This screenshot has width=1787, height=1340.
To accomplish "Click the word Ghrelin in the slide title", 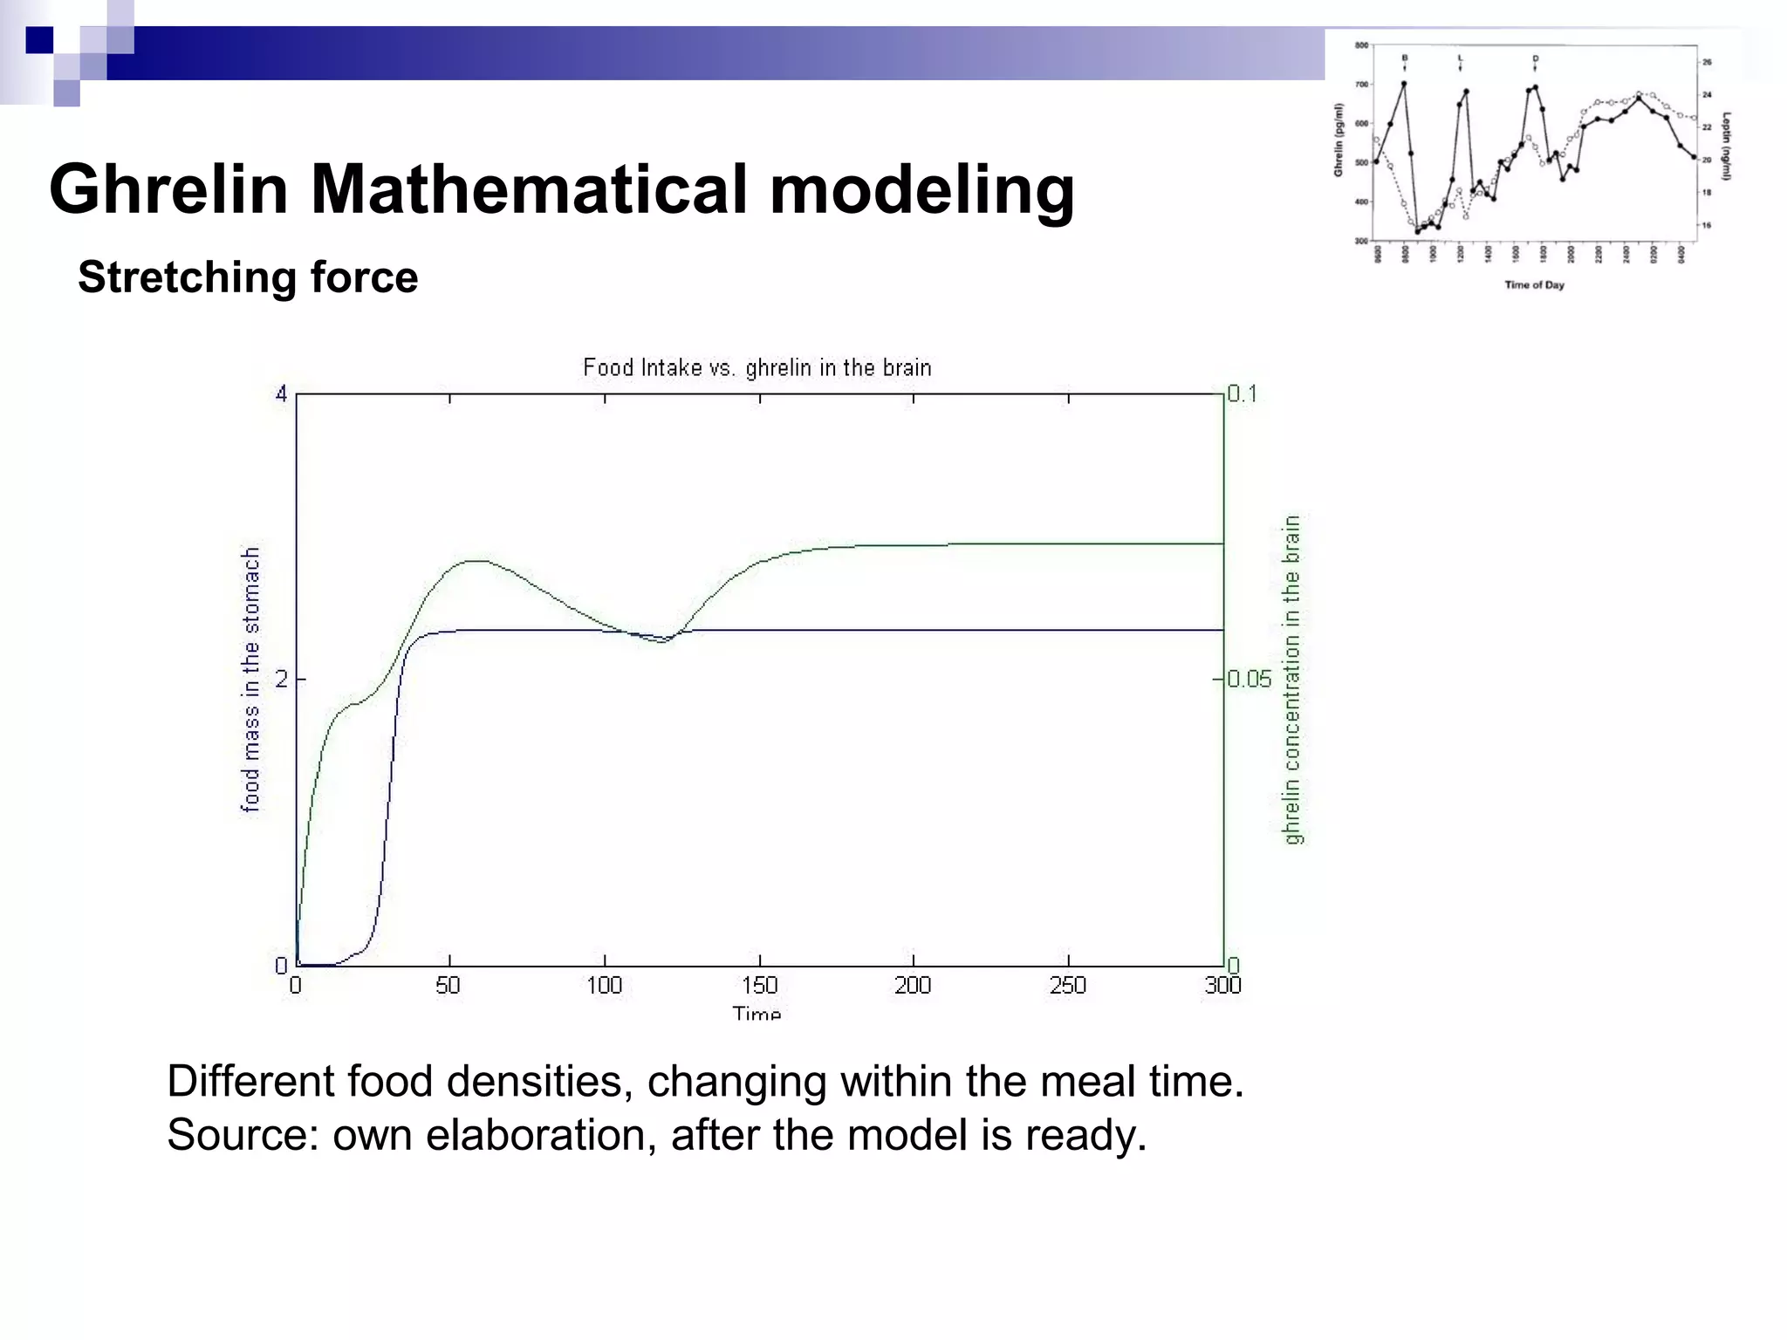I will click(x=168, y=190).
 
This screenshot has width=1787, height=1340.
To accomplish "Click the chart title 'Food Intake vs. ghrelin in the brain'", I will click(x=757, y=368).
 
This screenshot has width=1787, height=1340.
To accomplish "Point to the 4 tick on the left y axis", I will click(x=281, y=394).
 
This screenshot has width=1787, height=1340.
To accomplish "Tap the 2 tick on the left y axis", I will click(x=281, y=679).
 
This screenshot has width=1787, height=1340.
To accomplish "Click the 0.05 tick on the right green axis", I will click(x=1249, y=679).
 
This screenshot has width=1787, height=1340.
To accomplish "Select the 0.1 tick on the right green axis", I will click(x=1243, y=393).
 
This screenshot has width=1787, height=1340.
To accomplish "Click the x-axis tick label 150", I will click(x=759, y=986).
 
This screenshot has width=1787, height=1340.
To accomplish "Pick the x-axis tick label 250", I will click(x=1068, y=986).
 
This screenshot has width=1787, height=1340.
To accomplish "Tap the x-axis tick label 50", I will click(x=448, y=986).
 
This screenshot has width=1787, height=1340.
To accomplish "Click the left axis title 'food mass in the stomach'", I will click(x=250, y=680).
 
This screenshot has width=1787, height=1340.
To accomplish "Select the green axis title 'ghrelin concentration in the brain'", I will click(x=1292, y=680).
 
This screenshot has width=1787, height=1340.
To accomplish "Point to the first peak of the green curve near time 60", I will click(x=476, y=561).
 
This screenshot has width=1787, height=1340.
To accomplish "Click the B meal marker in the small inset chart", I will click(x=1404, y=58).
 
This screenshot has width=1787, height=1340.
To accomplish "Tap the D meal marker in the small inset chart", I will click(x=1535, y=58).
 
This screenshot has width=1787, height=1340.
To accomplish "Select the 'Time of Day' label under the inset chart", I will click(x=1534, y=285).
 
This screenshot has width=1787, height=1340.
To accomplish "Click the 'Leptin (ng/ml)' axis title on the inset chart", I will click(x=1727, y=146).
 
